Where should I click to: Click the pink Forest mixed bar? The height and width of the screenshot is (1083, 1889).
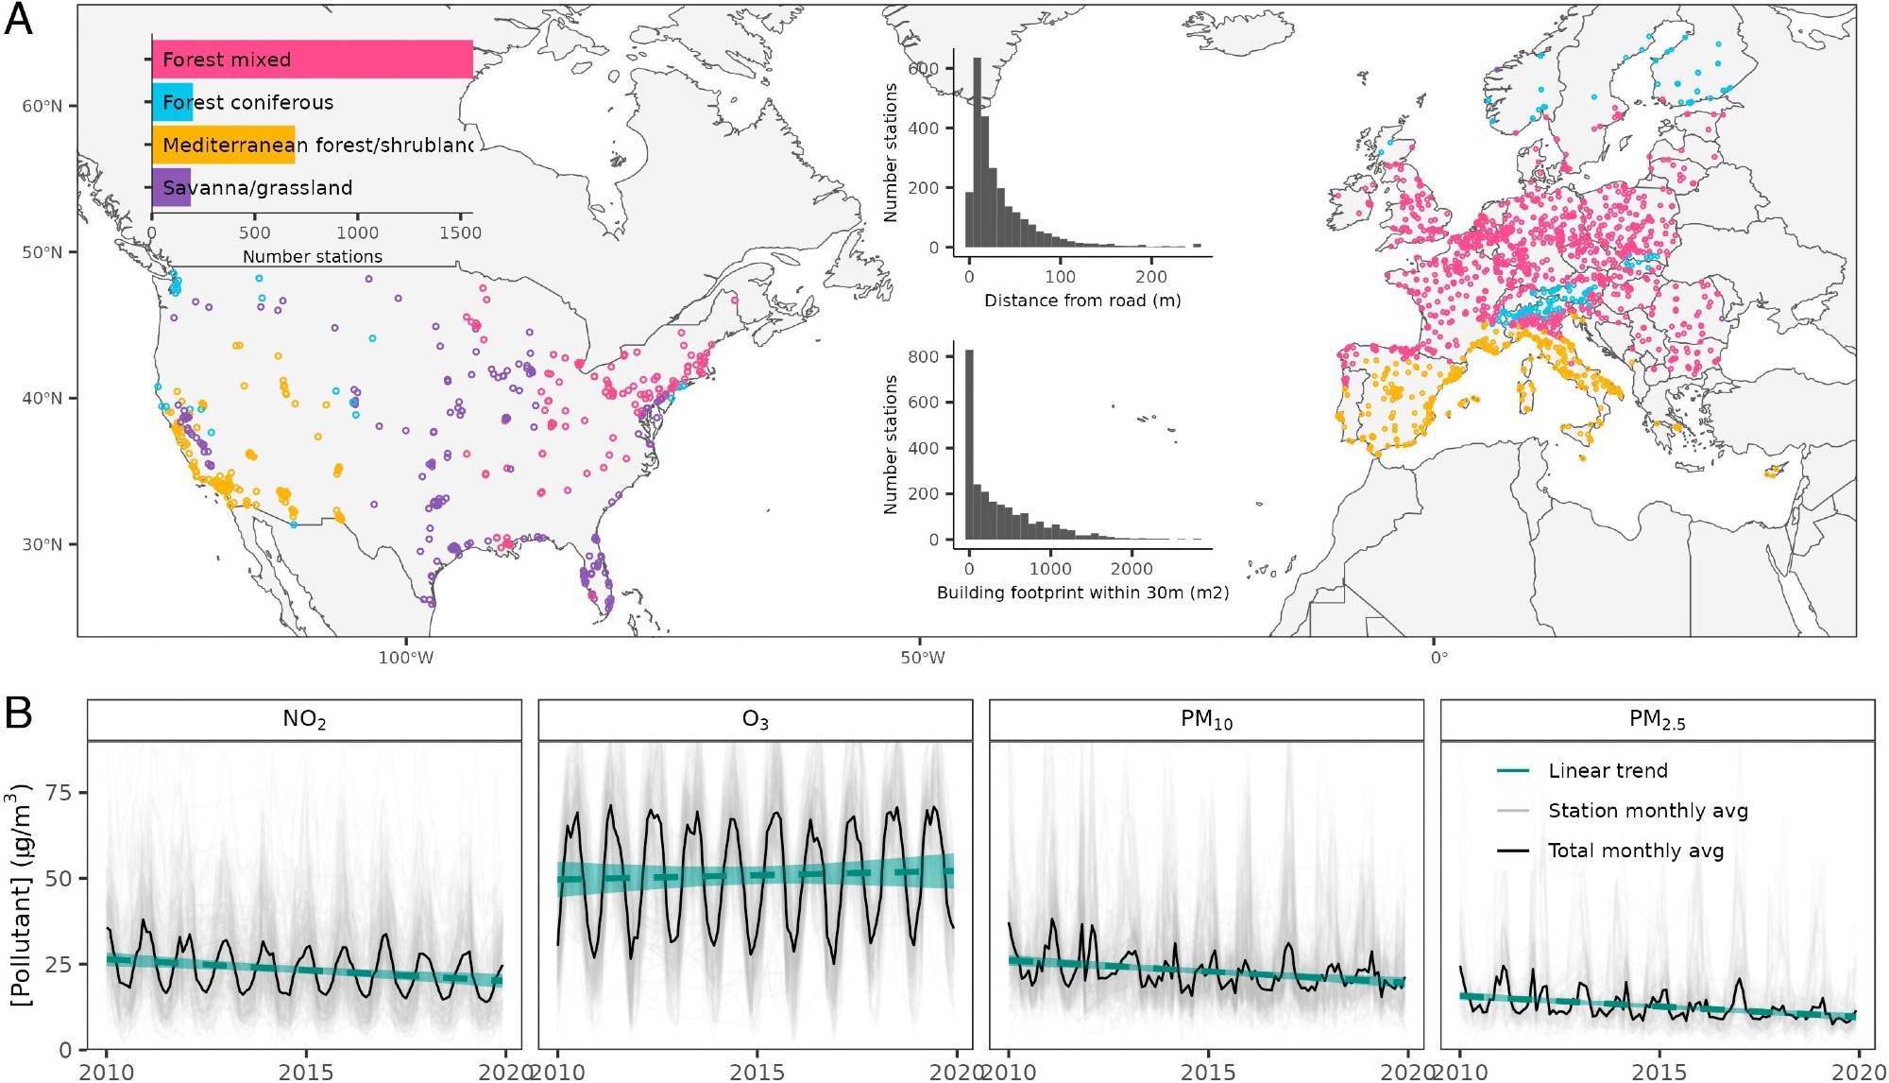tap(312, 60)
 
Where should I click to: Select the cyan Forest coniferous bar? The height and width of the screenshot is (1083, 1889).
tap(173, 102)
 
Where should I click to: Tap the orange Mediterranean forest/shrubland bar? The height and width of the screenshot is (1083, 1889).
tap(224, 145)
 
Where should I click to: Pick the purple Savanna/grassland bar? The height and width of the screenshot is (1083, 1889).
tap(172, 187)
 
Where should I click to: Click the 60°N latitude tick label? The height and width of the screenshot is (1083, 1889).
tap(43, 106)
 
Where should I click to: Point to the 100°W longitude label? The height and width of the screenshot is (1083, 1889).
tap(406, 658)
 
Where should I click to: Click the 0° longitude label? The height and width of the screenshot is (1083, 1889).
tap(1438, 658)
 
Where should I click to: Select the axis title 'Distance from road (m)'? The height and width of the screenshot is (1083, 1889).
tap(1082, 301)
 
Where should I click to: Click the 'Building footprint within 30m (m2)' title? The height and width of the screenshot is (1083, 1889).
tap(1082, 593)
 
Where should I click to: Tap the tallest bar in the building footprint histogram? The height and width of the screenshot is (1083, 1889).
tap(969, 444)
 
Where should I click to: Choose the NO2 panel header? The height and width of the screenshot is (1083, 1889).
tap(304, 720)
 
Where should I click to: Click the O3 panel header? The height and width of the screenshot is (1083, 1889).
tap(755, 720)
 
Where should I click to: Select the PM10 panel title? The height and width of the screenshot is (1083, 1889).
tap(1206, 720)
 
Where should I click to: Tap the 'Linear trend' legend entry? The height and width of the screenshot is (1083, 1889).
tap(1608, 771)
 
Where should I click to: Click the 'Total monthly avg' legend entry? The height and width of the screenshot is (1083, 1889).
tap(1636, 851)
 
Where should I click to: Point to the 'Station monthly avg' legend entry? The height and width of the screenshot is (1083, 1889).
tap(1647, 811)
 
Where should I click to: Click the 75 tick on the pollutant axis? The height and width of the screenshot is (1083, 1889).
tap(60, 792)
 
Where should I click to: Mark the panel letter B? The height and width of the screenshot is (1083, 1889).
tap(19, 713)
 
